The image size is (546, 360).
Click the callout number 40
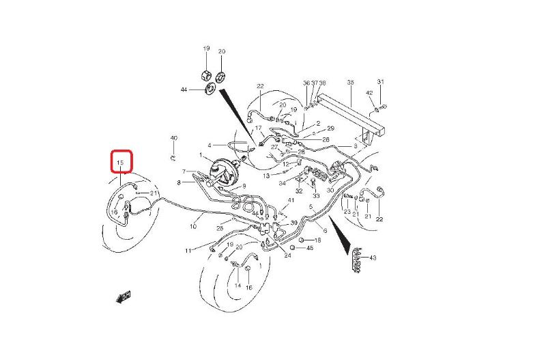[x=173, y=139]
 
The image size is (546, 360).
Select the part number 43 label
[x=373, y=258]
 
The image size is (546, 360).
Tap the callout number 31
[x=381, y=82]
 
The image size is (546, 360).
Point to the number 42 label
[x=369, y=93]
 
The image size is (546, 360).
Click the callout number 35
[x=351, y=83]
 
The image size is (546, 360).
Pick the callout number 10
[x=193, y=225]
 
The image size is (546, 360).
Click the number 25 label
[x=220, y=228]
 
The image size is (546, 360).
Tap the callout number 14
[x=238, y=286]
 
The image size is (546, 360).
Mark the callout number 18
[x=317, y=240]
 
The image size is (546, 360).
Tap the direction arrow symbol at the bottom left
[x=124, y=296]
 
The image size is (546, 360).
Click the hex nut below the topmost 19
[x=205, y=73]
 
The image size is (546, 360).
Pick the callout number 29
[x=331, y=128]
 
